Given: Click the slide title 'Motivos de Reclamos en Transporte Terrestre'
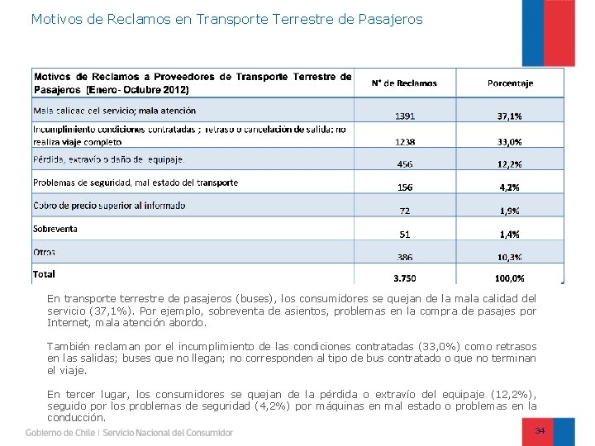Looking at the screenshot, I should pos(226,18).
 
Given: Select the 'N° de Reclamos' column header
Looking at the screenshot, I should pos(404,83).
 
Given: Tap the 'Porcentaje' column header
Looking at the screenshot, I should pos(510,83).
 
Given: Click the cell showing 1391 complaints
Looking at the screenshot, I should pos(405,116).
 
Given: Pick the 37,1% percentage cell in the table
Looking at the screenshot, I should pos(510,116).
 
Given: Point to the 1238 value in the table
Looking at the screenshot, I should pos(405,142).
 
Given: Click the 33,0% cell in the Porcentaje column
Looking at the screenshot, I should pos(510,142).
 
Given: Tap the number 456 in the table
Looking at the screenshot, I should pos(405,164).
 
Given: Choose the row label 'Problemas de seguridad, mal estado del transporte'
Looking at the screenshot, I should pos(136,183).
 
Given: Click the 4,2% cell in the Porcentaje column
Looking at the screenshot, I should pos(510,187).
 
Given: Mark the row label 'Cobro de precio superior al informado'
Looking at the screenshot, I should pos(109,206).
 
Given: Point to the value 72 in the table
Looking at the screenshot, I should pos(405,211).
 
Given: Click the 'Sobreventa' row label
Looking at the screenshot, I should pos(55,229).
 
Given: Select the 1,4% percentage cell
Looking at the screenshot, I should pos(510,235).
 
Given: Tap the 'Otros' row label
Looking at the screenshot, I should pos(45,252).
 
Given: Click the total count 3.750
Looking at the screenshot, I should pos(405,278).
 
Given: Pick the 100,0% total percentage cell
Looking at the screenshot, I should pos(510,278).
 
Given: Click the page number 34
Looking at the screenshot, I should pos(540,431).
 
